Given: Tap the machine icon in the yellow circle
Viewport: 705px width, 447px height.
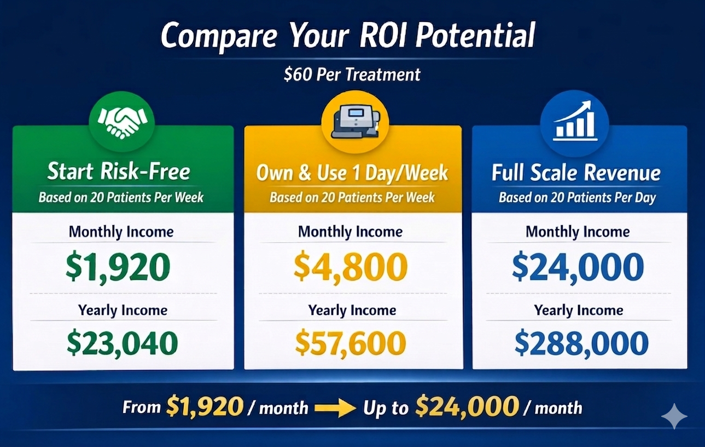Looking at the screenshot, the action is [356, 122].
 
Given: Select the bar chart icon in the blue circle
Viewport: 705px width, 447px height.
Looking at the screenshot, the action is [575, 121].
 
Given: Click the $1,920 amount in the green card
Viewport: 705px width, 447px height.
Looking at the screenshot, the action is [118, 267].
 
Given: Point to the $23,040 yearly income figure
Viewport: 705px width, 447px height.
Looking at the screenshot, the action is [122, 343].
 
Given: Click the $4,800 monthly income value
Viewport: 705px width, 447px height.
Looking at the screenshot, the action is [351, 266].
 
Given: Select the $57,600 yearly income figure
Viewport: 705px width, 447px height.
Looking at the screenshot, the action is [351, 343].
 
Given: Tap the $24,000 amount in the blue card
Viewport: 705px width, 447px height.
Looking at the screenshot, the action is [578, 267].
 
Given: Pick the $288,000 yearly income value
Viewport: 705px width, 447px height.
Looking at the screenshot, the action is [581, 343].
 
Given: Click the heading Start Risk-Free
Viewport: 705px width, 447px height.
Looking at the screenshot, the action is [119, 171].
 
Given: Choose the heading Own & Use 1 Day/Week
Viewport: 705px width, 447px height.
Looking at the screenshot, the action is [352, 173].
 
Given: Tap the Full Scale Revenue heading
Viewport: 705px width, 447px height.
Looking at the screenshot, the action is [576, 173].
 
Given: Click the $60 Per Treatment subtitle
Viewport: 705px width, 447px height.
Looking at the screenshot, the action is [352, 74].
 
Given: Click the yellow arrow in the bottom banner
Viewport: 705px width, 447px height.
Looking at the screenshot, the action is [335, 409].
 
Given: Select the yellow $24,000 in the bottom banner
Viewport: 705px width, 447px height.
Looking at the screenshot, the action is [467, 407].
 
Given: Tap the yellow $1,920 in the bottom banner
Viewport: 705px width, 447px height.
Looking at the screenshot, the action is [205, 407].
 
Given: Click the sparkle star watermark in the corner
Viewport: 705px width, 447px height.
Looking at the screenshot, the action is [674, 416].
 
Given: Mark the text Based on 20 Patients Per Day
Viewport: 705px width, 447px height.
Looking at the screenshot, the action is [577, 198].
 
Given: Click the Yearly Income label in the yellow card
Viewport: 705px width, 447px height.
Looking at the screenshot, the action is [352, 311].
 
